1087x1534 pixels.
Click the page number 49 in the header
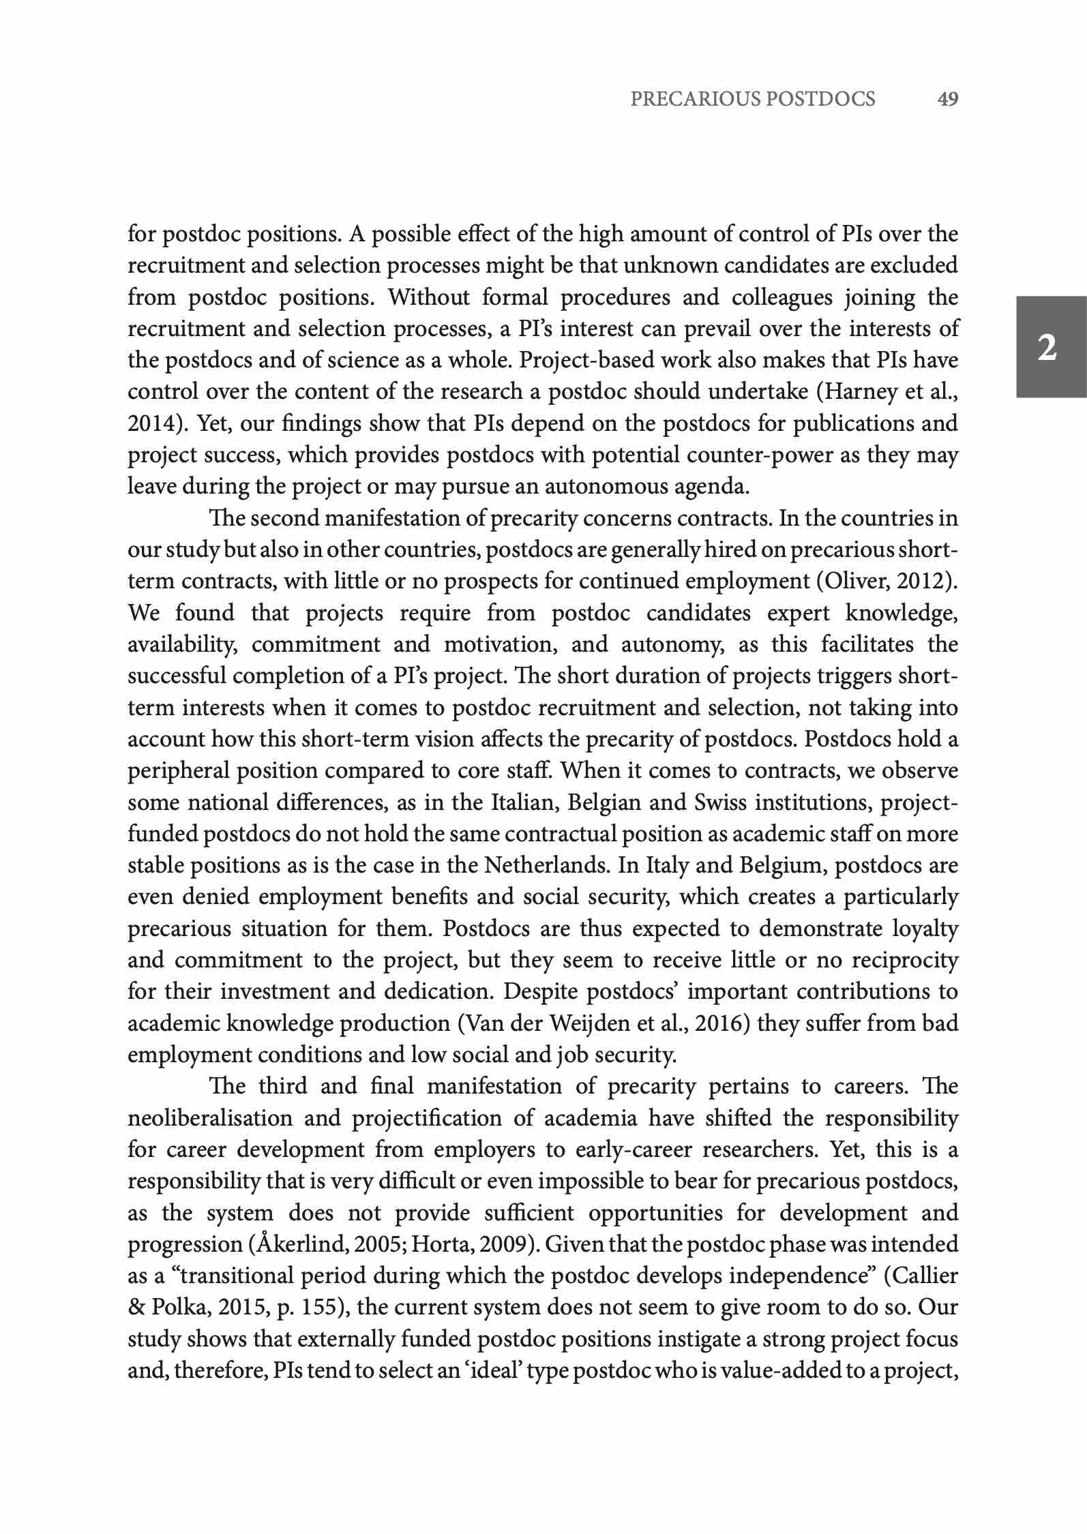pyautogui.click(x=948, y=100)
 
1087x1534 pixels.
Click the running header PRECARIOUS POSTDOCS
pyautogui.click(x=753, y=100)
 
